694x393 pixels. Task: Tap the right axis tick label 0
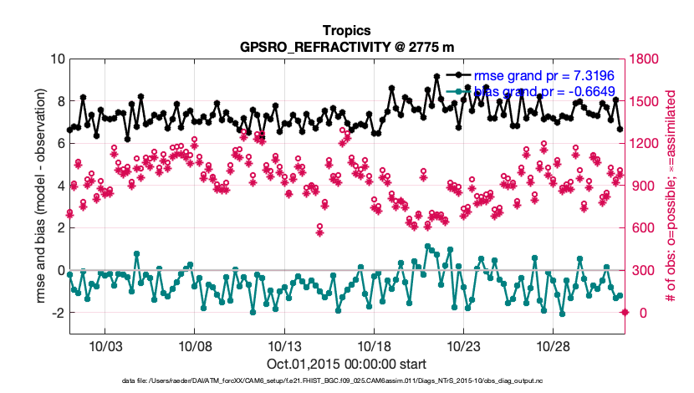(636, 313)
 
